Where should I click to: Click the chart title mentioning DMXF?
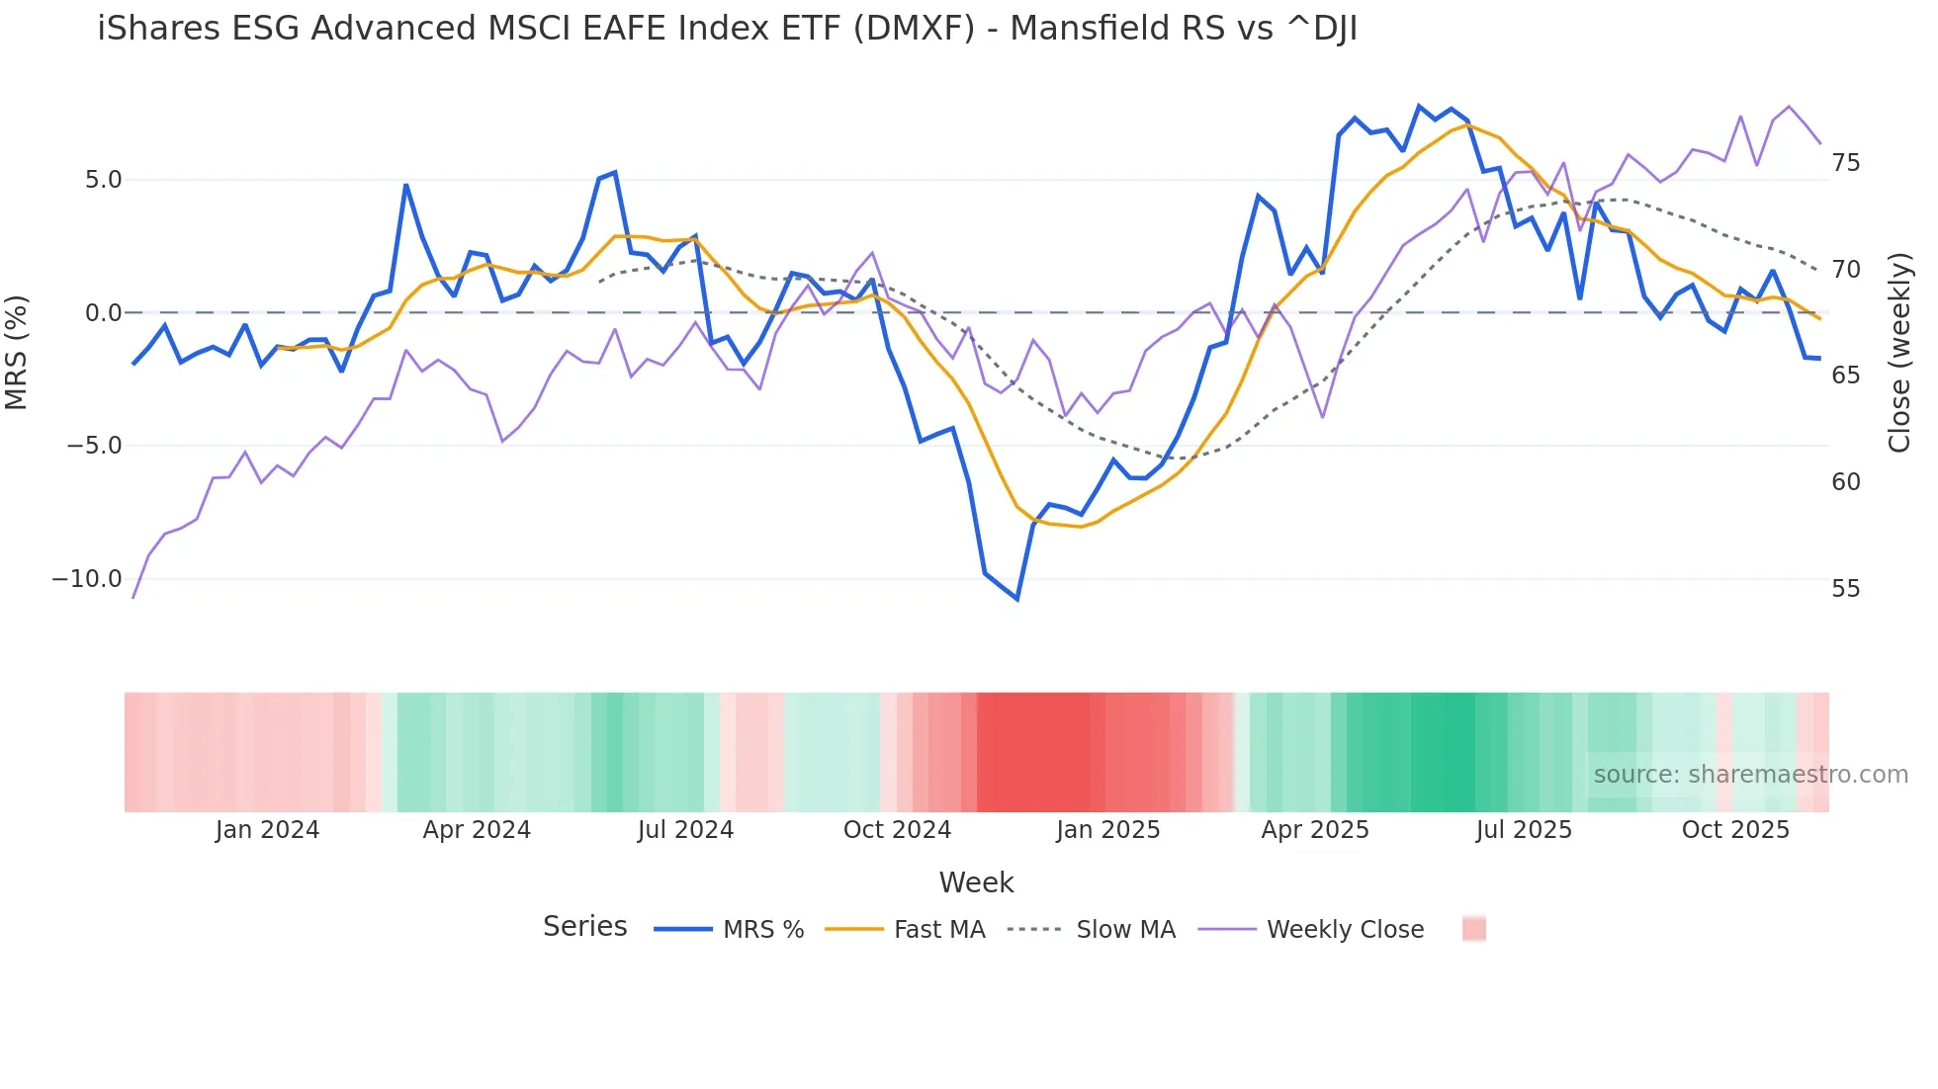click(727, 29)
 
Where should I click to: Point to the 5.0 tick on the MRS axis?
click(103, 180)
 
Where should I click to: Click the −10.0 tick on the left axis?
click(87, 579)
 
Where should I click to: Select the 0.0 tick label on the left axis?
click(103, 313)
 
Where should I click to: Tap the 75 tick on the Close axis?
click(1845, 163)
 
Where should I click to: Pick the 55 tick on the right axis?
click(1845, 589)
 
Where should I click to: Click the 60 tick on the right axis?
click(1845, 482)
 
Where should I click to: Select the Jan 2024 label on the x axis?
click(267, 830)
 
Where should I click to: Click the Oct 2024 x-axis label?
click(897, 830)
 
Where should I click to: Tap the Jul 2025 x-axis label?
click(1524, 830)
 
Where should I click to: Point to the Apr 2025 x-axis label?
click(1314, 830)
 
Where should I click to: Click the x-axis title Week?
click(976, 882)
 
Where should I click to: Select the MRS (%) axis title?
click(17, 352)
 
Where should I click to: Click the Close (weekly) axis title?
click(1898, 352)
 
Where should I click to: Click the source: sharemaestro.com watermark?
click(1750, 775)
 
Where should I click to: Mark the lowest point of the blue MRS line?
click(1016, 599)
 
